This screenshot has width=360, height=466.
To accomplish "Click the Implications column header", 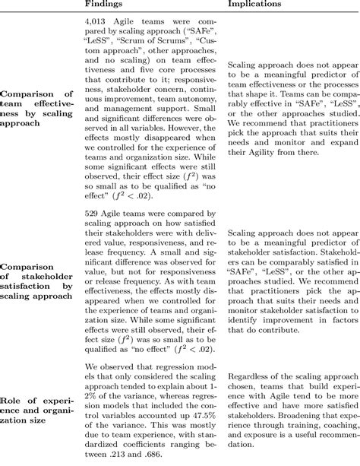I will point(260,5).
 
